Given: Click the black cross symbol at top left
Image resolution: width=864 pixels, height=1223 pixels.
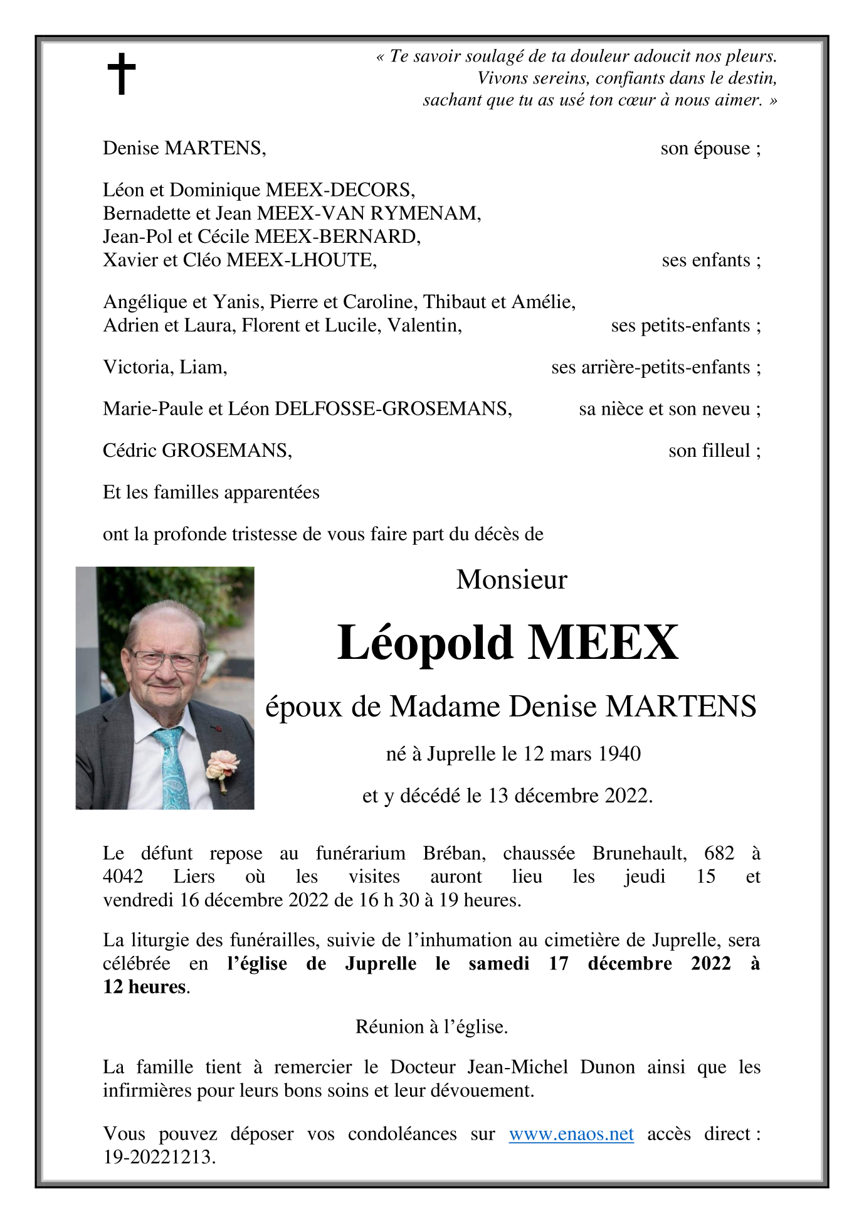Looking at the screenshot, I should tap(121, 73).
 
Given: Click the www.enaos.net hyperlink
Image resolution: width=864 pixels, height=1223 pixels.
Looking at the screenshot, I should tap(571, 1134).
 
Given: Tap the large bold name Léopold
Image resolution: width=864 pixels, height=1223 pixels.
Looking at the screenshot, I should tap(425, 643).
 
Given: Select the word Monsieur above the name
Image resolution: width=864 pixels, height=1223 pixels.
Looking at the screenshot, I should tap(511, 579).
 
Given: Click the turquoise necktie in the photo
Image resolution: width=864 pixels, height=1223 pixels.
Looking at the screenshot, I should tap(172, 769).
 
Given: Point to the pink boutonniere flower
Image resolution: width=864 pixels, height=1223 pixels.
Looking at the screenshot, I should tap(222, 767).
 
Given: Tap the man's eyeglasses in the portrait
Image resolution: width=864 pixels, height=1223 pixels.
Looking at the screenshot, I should tap(166, 660).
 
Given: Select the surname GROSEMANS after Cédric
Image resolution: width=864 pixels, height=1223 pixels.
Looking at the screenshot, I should tap(226, 451).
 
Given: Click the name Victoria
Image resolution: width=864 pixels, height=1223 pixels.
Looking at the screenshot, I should tap(138, 367).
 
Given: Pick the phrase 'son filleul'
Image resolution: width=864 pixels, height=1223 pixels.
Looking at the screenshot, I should tap(709, 451).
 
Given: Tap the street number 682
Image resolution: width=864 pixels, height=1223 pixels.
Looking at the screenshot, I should tap(719, 853).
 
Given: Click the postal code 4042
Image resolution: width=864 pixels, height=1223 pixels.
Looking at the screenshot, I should tap(123, 877).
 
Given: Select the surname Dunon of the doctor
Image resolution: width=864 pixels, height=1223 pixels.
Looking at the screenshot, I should tap(607, 1067).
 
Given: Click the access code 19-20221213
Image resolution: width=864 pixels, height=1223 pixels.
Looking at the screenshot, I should tap(159, 1157).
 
